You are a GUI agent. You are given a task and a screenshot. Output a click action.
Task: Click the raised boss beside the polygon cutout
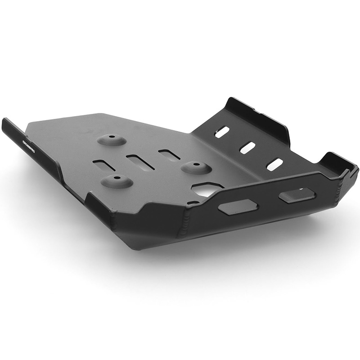tap(197, 167)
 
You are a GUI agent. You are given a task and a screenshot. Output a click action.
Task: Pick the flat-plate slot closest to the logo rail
tap(104, 165)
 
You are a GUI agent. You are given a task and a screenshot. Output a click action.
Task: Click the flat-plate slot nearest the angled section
tap(169, 155)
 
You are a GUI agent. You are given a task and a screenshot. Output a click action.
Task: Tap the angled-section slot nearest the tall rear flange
tap(222, 132)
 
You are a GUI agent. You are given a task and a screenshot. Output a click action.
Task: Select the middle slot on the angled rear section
tap(247, 148)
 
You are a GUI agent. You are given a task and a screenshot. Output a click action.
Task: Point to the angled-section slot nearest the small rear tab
tap(274, 164)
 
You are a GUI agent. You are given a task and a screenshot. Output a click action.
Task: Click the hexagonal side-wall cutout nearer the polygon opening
tap(238, 207)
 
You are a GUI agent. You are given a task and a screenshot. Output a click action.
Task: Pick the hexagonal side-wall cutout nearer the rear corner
tap(297, 195)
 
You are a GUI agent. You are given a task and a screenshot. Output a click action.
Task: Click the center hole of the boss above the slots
tap(111, 137)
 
